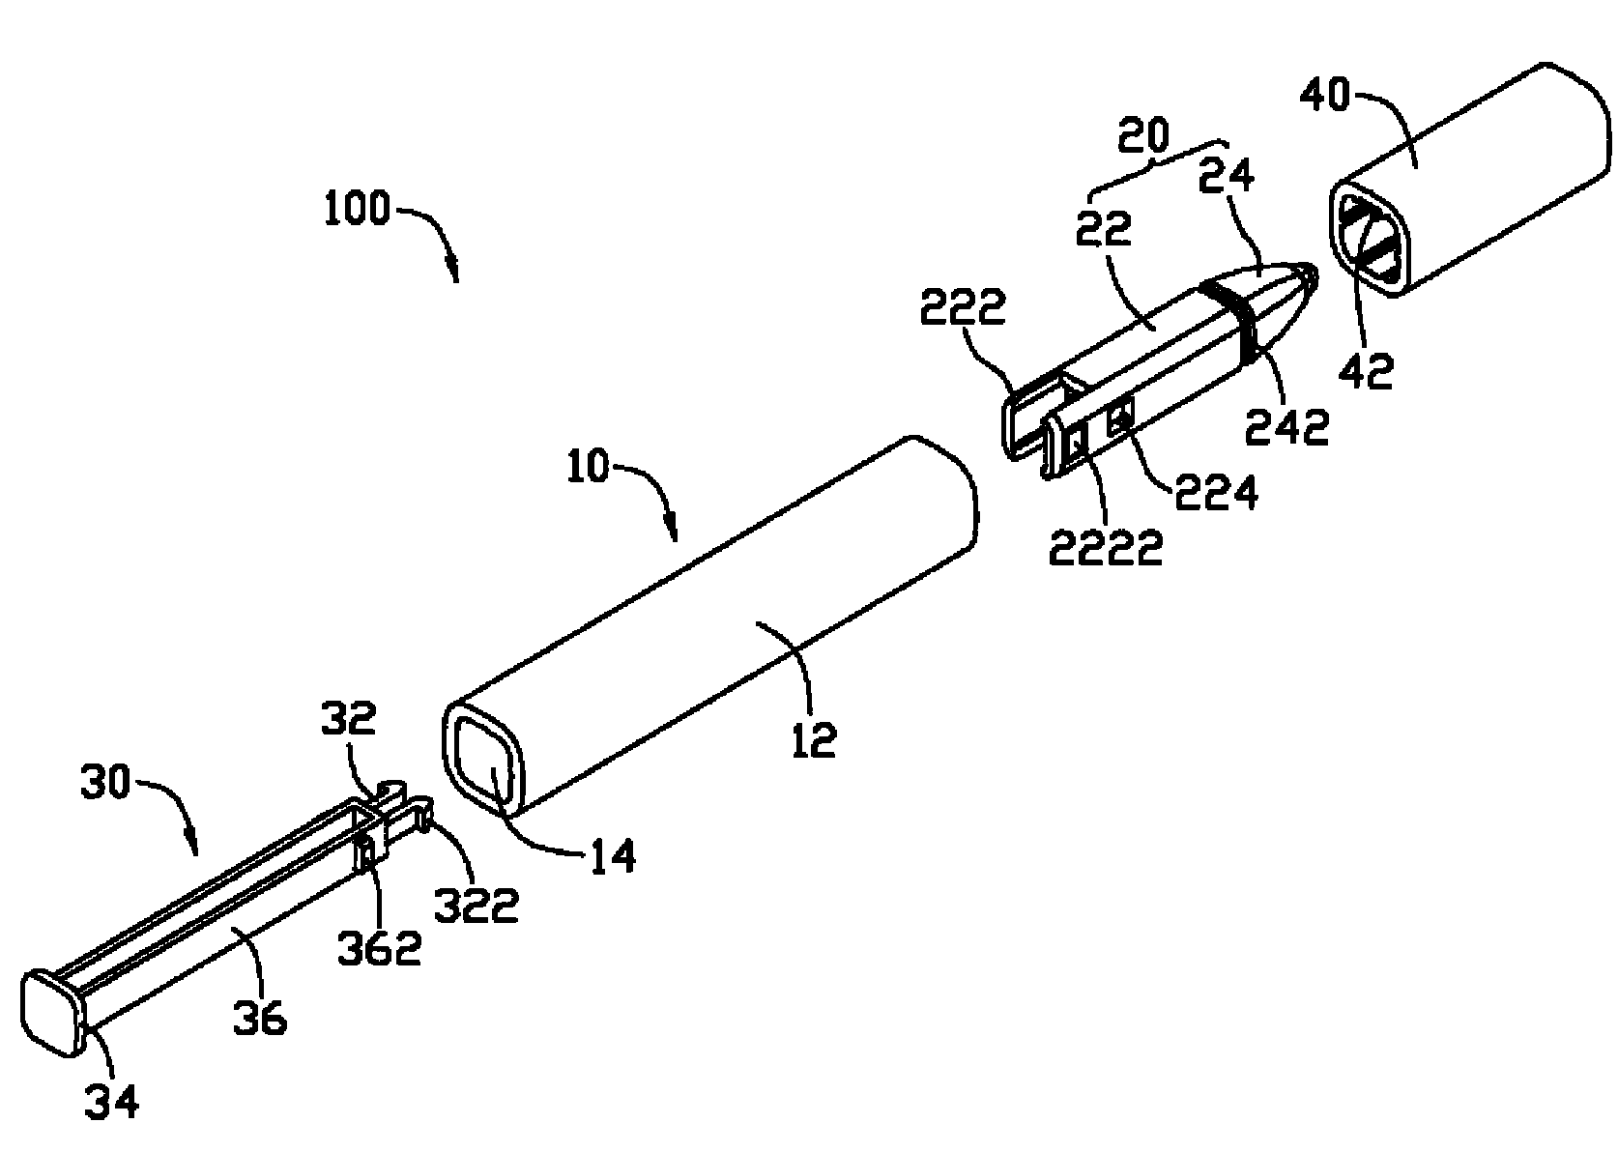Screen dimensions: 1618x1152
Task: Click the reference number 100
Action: coord(357,209)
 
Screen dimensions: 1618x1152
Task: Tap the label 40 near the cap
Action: coord(1325,96)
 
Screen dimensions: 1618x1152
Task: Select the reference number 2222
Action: coord(1106,547)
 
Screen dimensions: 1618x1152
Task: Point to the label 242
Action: coord(1287,427)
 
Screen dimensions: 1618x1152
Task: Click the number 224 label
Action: coord(1216,493)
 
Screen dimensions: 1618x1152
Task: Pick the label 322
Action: coord(477,905)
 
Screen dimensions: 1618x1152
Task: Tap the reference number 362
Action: coord(380,948)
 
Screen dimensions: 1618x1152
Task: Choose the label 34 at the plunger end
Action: coord(111,1102)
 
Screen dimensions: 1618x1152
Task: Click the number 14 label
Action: coord(613,857)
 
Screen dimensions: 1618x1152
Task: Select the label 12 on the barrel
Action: coord(814,740)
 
